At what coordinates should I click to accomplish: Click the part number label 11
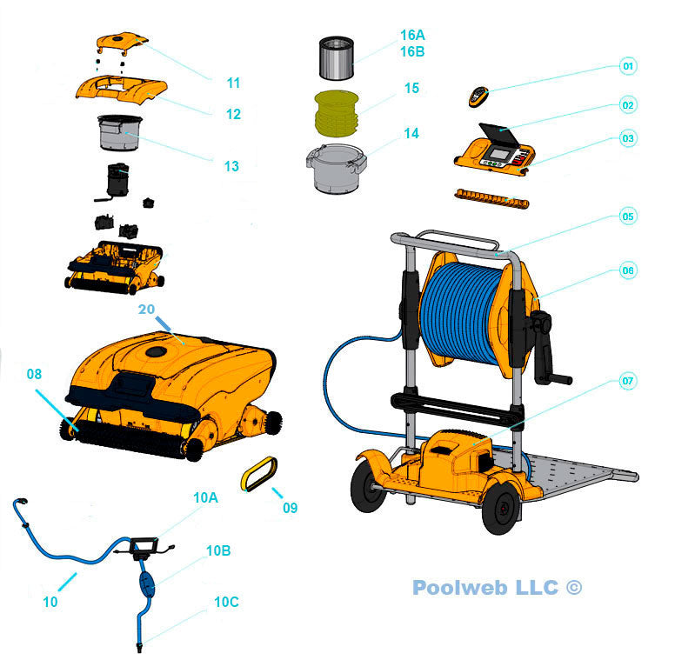click(x=233, y=83)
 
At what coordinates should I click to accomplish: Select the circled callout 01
click(x=628, y=66)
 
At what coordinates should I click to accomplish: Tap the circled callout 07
click(x=628, y=381)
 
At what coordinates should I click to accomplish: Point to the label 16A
click(x=412, y=36)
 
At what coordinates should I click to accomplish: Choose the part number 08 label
click(x=34, y=375)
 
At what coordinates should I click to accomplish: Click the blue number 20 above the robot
click(x=147, y=309)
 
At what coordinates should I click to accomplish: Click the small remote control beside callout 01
click(x=478, y=97)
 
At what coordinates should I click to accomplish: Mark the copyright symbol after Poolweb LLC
click(x=573, y=588)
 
